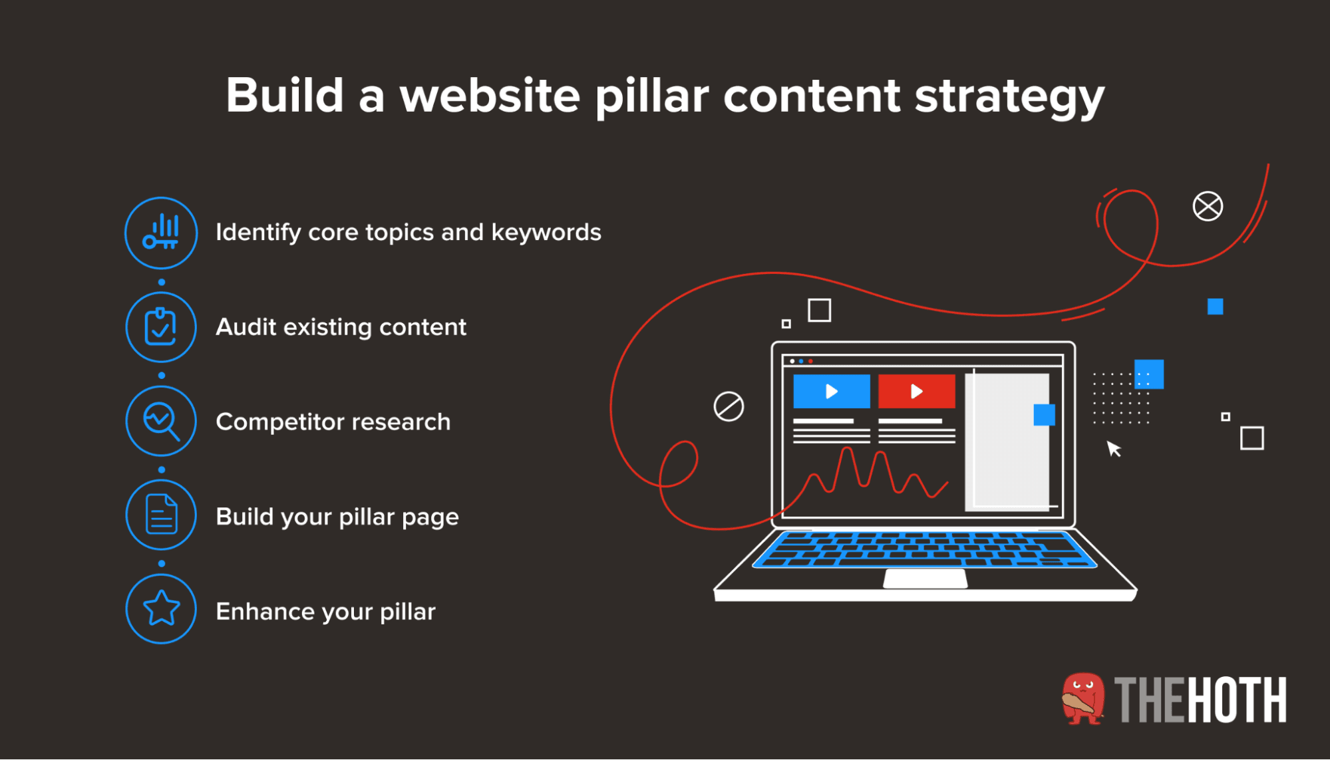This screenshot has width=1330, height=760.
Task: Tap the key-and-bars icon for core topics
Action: pos(161,233)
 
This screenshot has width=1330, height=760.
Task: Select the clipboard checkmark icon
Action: pos(161,327)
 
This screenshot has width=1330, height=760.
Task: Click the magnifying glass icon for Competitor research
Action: pos(161,422)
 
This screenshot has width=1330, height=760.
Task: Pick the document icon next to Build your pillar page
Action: pos(161,515)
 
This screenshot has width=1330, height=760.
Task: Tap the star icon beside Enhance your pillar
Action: pos(161,609)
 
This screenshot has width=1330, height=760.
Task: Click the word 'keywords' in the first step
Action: pos(546,233)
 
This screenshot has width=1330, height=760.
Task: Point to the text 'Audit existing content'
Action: pos(341,327)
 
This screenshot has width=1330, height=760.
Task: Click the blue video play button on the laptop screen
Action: pos(831,391)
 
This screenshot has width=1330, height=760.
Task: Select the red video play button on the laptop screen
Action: pos(916,391)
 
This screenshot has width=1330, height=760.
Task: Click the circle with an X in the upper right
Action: pos(1207,206)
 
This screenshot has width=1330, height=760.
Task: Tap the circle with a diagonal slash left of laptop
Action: pos(729,406)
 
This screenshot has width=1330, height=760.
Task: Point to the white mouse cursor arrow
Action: pos(1113,449)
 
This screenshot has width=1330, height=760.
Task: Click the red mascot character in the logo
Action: pos(1082,698)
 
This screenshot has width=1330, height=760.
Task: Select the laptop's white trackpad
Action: pos(925,578)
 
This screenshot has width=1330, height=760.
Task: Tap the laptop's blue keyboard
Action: pos(925,549)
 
